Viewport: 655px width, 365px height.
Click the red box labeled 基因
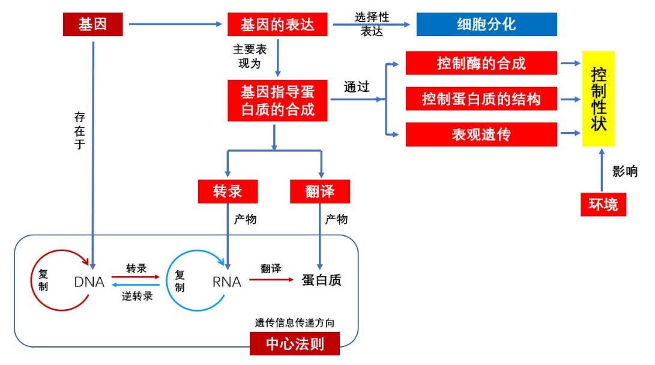point(92,25)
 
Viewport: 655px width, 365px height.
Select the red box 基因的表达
point(277,25)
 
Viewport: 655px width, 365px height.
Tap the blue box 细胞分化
point(486,25)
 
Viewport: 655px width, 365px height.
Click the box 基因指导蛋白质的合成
point(277,101)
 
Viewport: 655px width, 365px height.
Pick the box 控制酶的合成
point(481,63)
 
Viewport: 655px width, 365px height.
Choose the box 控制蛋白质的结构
point(481,99)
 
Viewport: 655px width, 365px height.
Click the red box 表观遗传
point(481,134)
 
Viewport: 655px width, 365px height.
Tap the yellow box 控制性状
point(599,99)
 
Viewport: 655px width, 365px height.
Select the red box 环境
point(603,205)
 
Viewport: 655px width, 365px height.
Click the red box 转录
point(228,192)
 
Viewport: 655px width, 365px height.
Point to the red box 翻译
point(319,192)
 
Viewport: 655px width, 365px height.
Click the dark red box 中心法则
point(294,344)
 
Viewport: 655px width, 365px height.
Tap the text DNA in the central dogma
point(89,282)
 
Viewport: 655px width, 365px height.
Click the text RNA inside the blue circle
point(226,282)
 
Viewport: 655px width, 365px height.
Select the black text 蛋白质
point(321,280)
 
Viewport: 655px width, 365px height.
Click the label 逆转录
point(137,295)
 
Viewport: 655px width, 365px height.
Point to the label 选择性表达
point(372,24)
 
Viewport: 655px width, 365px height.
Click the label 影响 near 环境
point(624,171)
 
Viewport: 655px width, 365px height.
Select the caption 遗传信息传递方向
point(294,323)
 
